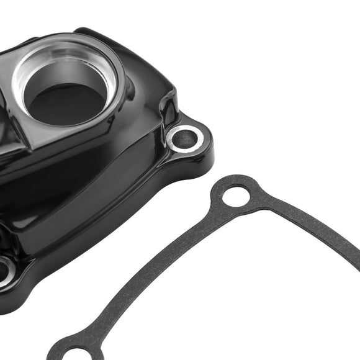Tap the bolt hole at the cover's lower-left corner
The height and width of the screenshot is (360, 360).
pos(4,270)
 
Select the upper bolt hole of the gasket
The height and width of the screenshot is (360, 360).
pos(236,196)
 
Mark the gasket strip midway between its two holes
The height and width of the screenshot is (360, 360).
pos(155,273)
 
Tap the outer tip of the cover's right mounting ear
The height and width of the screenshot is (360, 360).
pos(208,140)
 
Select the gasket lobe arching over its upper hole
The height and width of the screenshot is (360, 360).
pos(236,179)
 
